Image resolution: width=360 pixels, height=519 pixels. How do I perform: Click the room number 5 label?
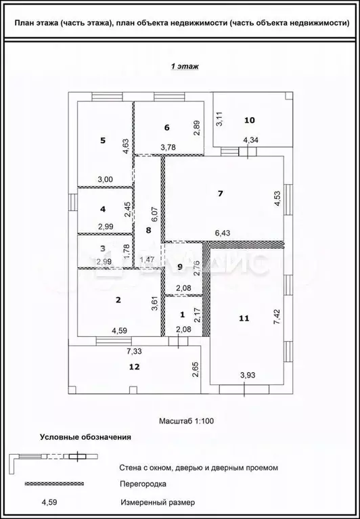click(x=103, y=140)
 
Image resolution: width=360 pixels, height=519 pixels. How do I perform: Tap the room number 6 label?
click(x=166, y=127)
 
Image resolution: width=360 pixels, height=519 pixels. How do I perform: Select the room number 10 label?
click(x=250, y=120)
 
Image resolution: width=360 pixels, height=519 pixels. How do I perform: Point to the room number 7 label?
click(x=219, y=194)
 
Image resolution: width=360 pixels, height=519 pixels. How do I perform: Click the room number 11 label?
click(x=244, y=316)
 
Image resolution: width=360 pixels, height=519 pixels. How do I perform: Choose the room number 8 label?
click(x=149, y=230)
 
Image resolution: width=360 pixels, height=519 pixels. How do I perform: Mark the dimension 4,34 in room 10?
click(x=250, y=140)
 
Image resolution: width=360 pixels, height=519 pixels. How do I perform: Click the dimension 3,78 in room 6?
click(x=168, y=147)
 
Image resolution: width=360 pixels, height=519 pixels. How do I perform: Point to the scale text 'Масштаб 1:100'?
click(x=186, y=420)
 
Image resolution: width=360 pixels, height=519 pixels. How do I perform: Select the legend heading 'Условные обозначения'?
click(x=85, y=438)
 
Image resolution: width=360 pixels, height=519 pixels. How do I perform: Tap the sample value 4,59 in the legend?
click(x=49, y=502)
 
